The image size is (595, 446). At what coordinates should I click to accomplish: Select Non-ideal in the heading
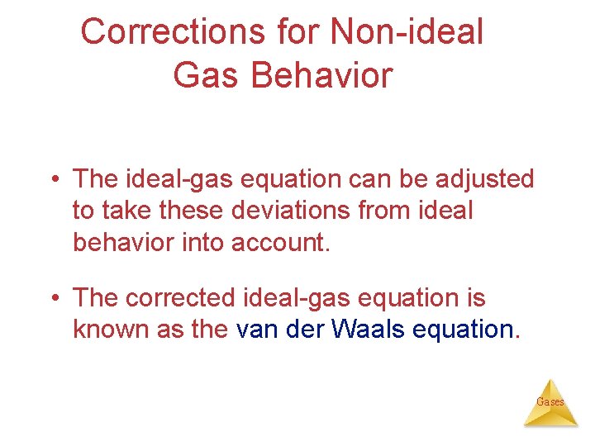pyautogui.click(x=407, y=32)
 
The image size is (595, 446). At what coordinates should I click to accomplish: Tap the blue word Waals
pyautogui.click(x=368, y=329)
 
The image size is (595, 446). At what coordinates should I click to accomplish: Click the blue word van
pyautogui.click(x=254, y=329)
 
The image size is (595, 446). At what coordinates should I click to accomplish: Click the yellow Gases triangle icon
pyautogui.click(x=550, y=403)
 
